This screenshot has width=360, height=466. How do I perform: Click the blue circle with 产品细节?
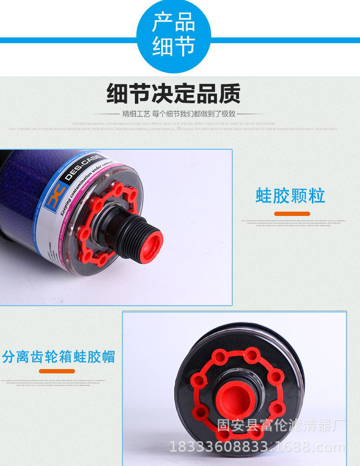tap(173, 36)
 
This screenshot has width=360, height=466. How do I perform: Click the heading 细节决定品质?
tap(173, 94)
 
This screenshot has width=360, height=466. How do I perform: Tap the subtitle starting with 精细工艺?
tap(179, 114)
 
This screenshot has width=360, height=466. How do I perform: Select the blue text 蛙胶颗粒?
tap(290, 196)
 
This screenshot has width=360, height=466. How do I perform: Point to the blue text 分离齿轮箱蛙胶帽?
tap(59, 357)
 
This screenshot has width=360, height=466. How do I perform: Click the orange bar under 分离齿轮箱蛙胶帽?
tap(57, 371)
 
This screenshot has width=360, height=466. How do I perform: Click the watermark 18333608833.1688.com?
tap(257, 448)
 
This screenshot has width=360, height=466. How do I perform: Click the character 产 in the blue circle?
tap(162, 23)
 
